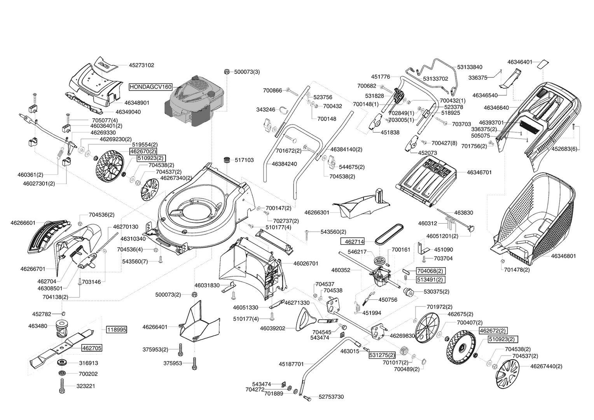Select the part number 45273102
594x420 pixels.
(142, 65)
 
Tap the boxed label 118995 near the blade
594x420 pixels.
(117, 329)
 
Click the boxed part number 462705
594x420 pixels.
(92, 348)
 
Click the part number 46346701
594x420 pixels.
(479, 172)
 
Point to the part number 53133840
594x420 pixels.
(470, 67)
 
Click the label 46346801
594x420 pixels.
(563, 256)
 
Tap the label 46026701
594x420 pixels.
(306, 263)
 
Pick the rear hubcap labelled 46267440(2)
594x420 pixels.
(508, 374)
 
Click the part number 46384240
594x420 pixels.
(284, 164)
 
